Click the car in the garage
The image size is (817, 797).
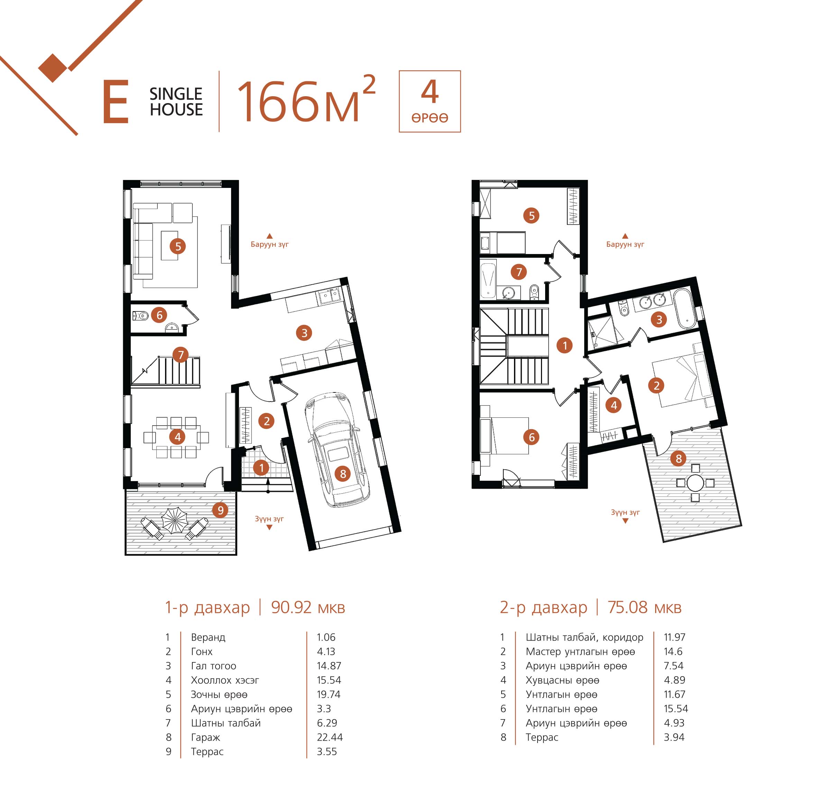pyautogui.click(x=338, y=449)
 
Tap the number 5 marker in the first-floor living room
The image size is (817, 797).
pyautogui.click(x=178, y=246)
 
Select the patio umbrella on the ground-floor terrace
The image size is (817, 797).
pyautogui.click(x=175, y=520)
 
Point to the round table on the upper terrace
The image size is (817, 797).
pyautogui.click(x=695, y=483)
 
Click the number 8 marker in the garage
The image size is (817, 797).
pyautogui.click(x=343, y=473)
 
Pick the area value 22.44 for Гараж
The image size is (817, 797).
pyautogui.click(x=330, y=737)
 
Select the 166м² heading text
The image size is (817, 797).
pyautogui.click(x=306, y=100)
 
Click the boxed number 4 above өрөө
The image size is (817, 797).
pyautogui.click(x=430, y=92)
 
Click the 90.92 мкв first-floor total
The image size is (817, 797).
pyautogui.click(x=308, y=607)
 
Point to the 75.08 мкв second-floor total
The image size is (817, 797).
pyautogui.click(x=644, y=607)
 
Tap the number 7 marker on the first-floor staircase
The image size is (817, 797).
pyautogui.click(x=181, y=355)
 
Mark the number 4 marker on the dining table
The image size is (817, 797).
pyautogui.click(x=177, y=437)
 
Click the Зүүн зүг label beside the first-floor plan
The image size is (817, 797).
pyautogui.click(x=269, y=519)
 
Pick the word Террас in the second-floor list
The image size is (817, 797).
pyautogui.click(x=542, y=737)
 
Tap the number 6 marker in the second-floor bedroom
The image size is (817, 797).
pyautogui.click(x=531, y=437)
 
